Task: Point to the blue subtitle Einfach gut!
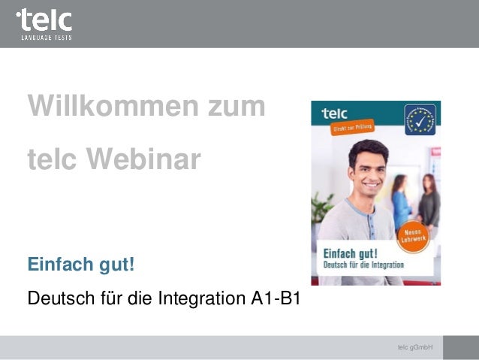81,265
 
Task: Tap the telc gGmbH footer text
414,347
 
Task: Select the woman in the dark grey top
429,200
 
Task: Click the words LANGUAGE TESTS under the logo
45,36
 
